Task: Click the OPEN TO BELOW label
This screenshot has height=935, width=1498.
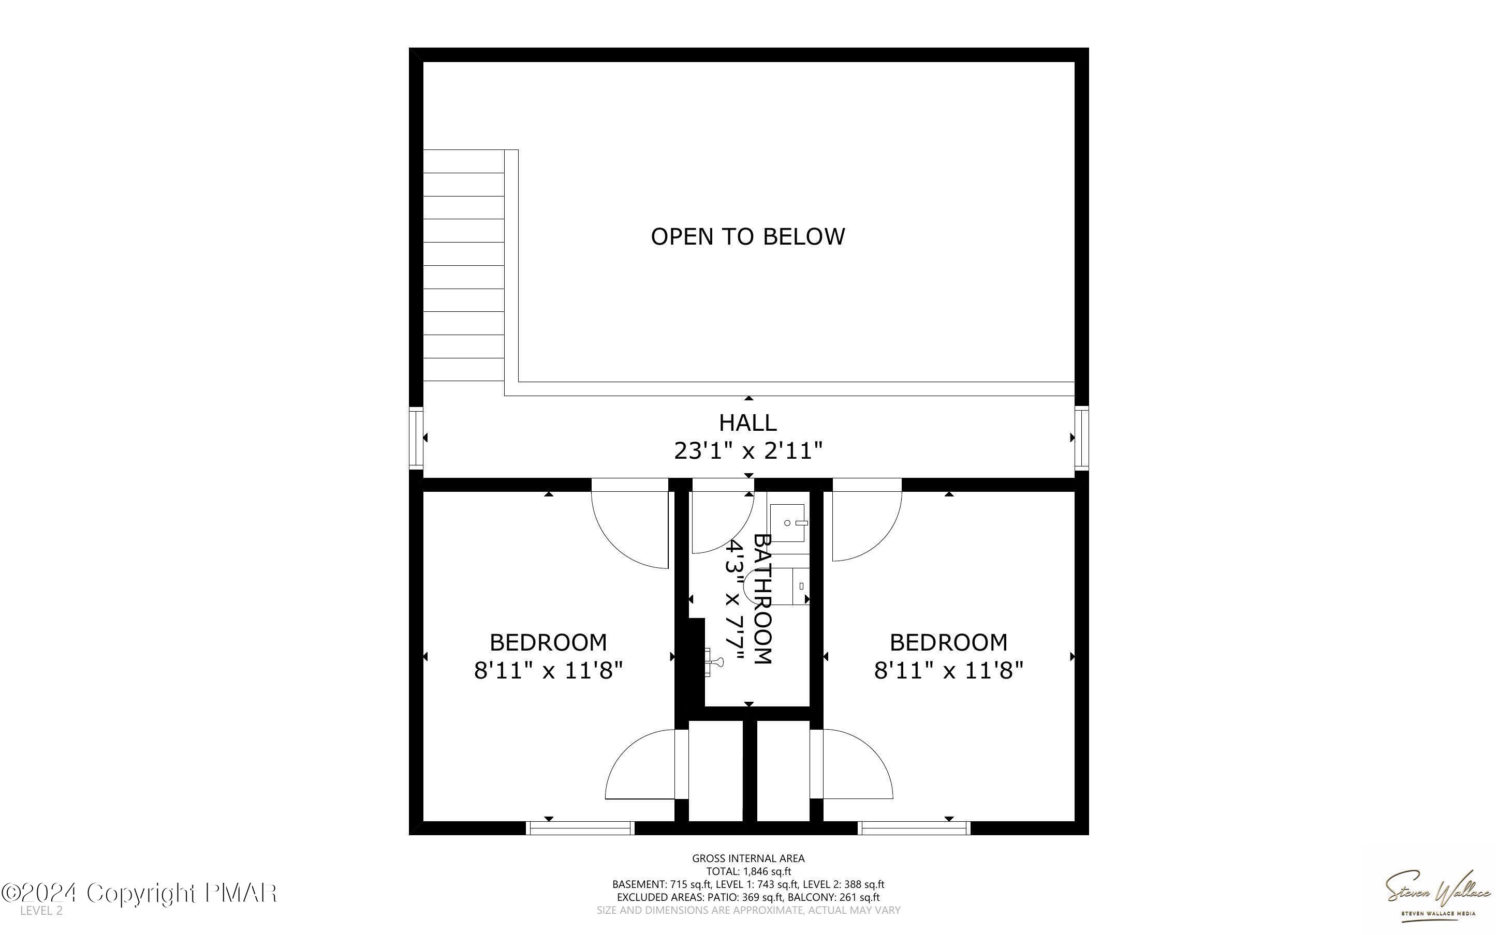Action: coord(747,237)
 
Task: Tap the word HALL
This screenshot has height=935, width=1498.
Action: coord(747,423)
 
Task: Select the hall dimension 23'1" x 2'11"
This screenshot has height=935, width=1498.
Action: coord(747,451)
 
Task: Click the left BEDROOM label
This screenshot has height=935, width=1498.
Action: coord(548,642)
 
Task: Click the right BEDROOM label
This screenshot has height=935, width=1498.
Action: coord(948,642)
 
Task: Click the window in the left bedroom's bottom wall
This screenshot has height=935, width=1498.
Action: coord(580,827)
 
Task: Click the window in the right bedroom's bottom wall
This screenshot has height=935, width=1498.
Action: coord(915,827)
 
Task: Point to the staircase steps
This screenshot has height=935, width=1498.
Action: coord(463,266)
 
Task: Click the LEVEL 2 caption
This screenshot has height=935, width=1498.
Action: coord(41,911)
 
